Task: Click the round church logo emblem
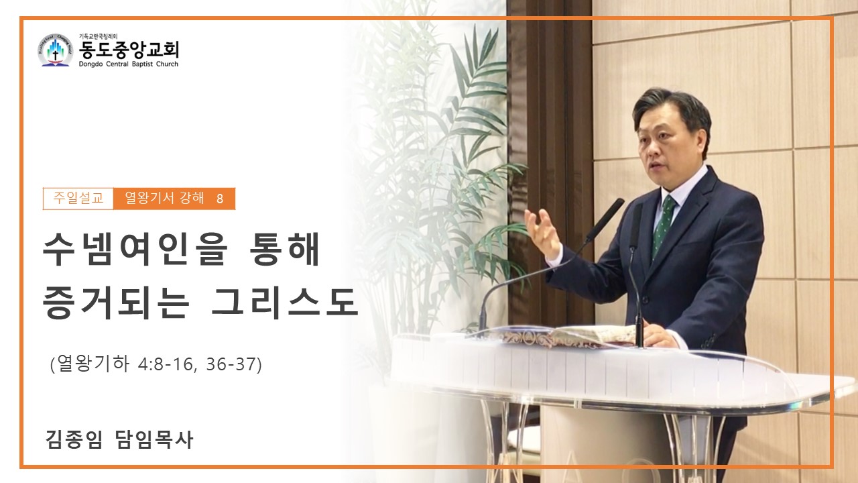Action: (56, 50)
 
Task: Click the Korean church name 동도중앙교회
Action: (129, 50)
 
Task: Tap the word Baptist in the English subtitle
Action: (143, 64)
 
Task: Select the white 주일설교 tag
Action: (78, 199)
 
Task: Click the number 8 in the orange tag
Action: (219, 199)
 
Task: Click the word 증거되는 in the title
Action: (116, 303)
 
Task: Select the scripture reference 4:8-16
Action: (165, 364)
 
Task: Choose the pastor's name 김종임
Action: (74, 439)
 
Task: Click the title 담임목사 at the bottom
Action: (154, 439)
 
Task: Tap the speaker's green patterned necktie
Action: (664, 225)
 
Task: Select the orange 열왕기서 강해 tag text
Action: (164, 199)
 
